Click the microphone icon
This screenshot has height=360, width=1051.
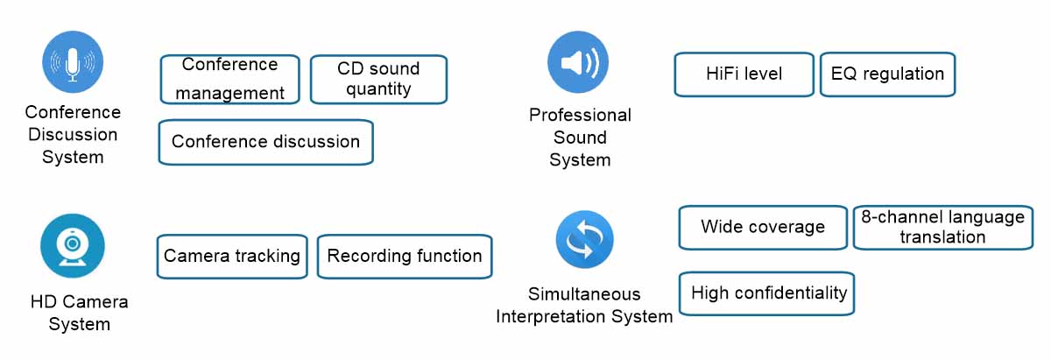coord(73,62)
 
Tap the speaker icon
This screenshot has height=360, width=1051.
coord(578,63)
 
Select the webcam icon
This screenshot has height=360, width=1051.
coord(73,246)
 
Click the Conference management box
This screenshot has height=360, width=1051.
coord(229,79)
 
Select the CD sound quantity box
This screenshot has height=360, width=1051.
coord(379,79)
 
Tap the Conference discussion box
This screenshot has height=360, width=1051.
coord(265,142)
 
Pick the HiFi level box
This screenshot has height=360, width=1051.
coord(744,74)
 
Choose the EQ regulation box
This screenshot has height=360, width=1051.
coord(887,74)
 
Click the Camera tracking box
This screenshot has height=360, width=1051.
coord(232,256)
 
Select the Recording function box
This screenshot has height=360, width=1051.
coord(405,256)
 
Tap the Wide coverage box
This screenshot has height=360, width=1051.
coord(762,227)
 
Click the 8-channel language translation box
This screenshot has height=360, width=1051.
coord(942,228)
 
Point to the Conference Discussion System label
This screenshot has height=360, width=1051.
coord(73,135)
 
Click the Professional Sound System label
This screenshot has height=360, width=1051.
coord(580,138)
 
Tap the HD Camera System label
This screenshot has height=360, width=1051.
coord(79,313)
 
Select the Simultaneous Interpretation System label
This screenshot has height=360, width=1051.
coord(584,305)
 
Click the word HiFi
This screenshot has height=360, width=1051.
coord(723,74)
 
